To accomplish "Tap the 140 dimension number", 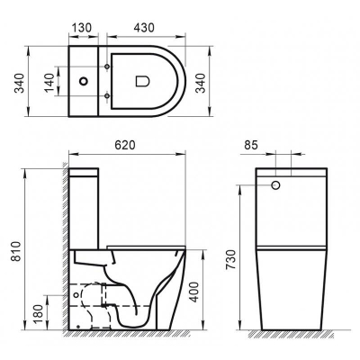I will (x=49, y=84).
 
